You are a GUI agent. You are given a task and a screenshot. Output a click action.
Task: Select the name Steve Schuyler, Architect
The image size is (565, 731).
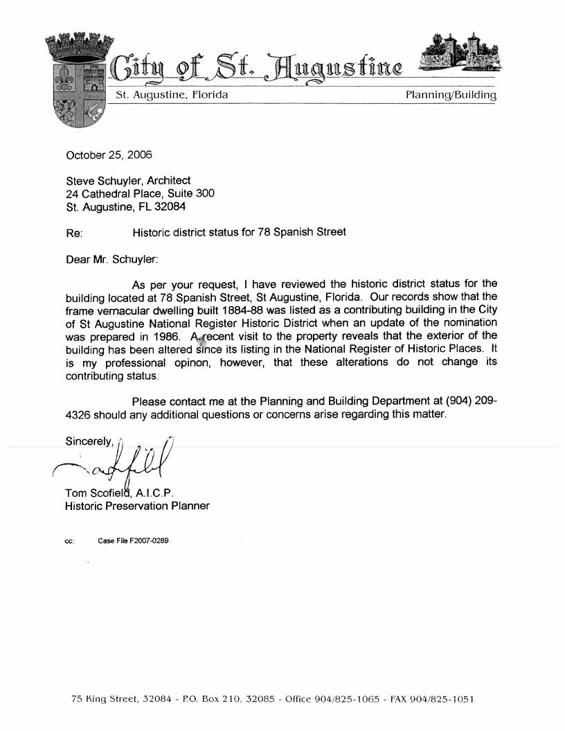128,181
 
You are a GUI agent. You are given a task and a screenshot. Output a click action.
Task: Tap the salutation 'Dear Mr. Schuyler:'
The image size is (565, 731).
111,260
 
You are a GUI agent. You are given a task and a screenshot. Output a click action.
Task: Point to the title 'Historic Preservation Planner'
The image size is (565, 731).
137,506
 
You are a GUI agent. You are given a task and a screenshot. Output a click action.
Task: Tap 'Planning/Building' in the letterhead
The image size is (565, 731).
451,94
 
